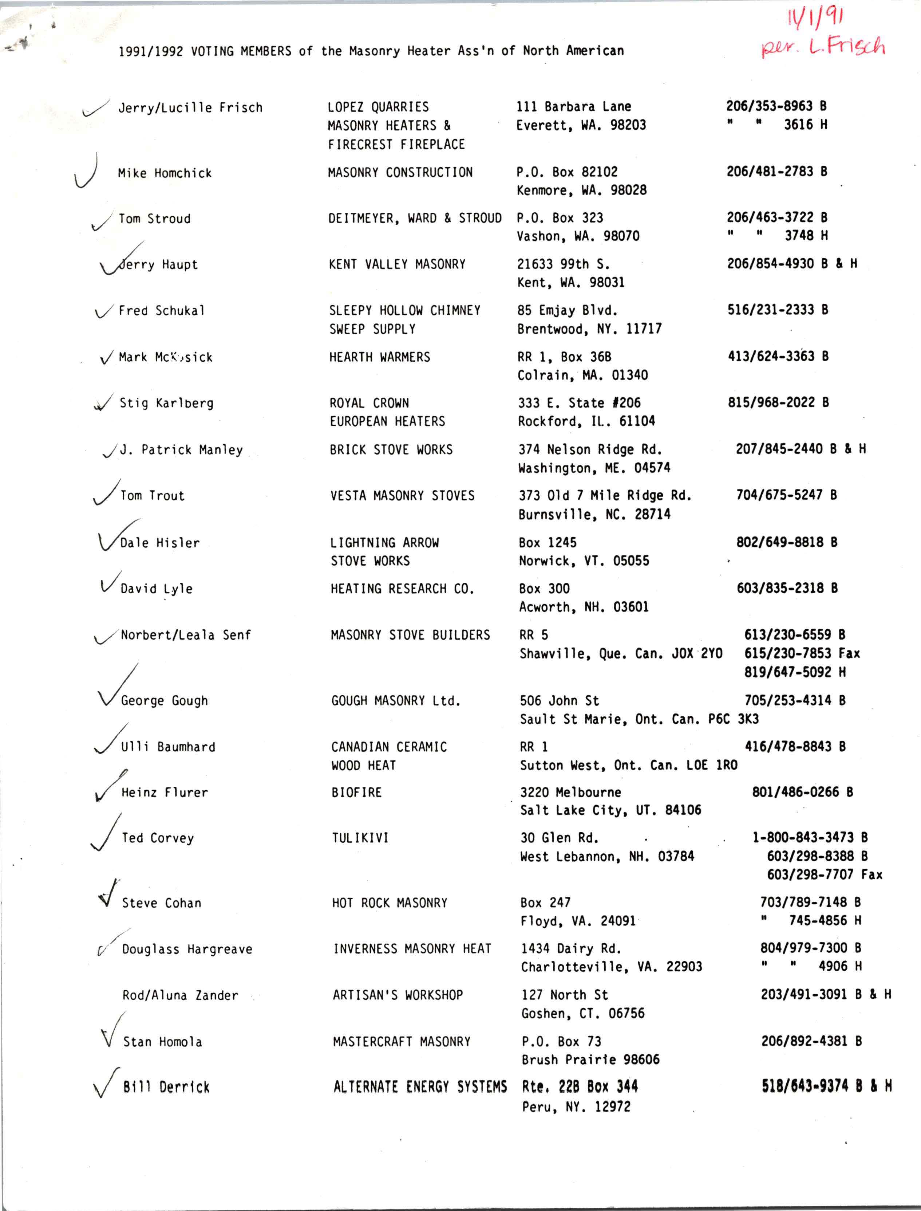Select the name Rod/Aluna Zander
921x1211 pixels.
coord(180,995)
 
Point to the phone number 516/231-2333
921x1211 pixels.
coord(770,309)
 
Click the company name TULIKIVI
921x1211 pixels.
coord(360,837)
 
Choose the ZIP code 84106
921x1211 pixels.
coord(683,810)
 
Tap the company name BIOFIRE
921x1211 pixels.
coord(356,792)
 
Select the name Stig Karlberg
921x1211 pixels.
coord(167,403)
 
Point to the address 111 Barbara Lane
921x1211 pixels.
coord(573,106)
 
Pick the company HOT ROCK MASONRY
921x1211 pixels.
coord(389,902)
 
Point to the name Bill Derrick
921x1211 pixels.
coord(166,1087)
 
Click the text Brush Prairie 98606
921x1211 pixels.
coord(590,1059)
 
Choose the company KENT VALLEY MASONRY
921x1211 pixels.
coord(397,264)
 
